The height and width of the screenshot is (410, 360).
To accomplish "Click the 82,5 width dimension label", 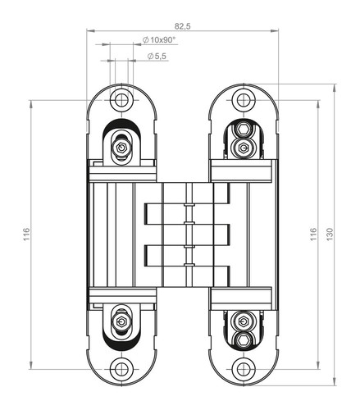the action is [x=183, y=26].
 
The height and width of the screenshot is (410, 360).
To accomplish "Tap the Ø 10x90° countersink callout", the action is [x=158, y=40].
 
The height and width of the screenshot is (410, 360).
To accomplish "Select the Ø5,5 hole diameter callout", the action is [x=157, y=56].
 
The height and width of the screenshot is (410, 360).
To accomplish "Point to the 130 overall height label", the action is [x=330, y=235].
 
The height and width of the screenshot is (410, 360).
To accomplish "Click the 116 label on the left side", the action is [x=26, y=235].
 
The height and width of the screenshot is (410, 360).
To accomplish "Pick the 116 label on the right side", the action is [x=313, y=235].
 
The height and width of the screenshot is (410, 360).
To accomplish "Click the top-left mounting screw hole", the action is [x=121, y=100].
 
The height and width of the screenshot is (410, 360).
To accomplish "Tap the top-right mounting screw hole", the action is [x=243, y=100].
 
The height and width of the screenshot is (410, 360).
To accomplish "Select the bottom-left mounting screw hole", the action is [x=121, y=369].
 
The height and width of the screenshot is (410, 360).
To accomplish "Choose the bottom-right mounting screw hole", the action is [x=243, y=369].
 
